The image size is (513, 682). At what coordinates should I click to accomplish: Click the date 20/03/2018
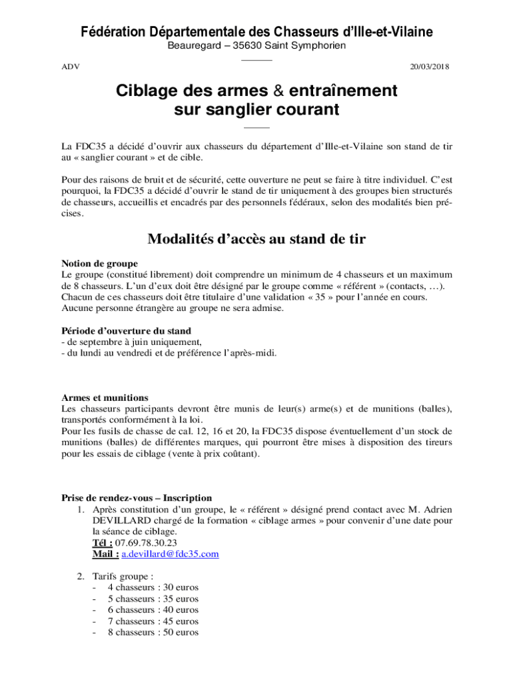point(430,67)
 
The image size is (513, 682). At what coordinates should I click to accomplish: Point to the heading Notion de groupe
point(100,263)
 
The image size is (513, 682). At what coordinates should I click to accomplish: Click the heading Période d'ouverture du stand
point(126,330)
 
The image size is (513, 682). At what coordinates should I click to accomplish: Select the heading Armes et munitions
point(105,398)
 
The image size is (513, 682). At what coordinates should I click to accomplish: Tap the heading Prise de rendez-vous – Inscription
point(137,498)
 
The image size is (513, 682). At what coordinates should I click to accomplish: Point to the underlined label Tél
point(102,543)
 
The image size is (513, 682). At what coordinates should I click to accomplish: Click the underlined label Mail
point(105,554)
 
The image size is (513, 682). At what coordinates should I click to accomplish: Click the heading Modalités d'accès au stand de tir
point(256,239)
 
